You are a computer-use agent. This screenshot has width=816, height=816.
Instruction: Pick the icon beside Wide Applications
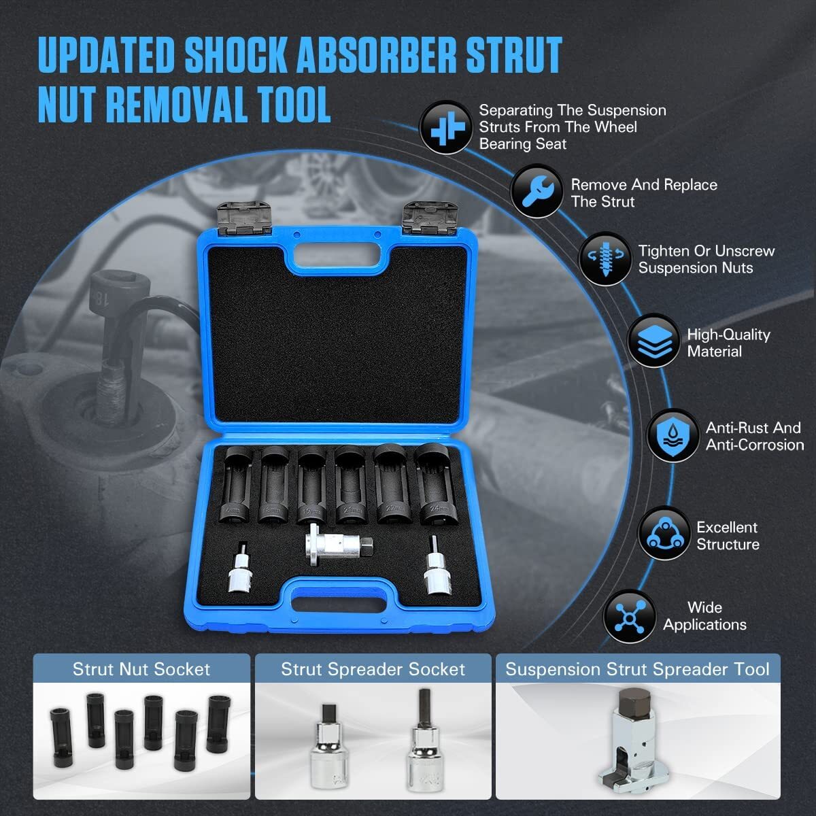tap(628, 616)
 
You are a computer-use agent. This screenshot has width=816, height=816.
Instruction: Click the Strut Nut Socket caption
tap(141, 669)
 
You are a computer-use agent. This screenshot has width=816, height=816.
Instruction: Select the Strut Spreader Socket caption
tap(373, 669)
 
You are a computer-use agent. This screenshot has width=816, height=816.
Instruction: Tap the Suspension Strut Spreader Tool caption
tap(637, 669)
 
